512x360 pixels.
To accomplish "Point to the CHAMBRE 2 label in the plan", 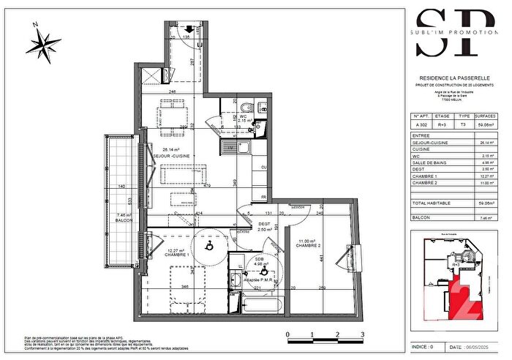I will [309, 245].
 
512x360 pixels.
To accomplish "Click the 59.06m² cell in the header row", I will [485, 125].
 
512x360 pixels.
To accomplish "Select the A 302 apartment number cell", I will [421, 125].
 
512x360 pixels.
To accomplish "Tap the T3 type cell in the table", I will [464, 125].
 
